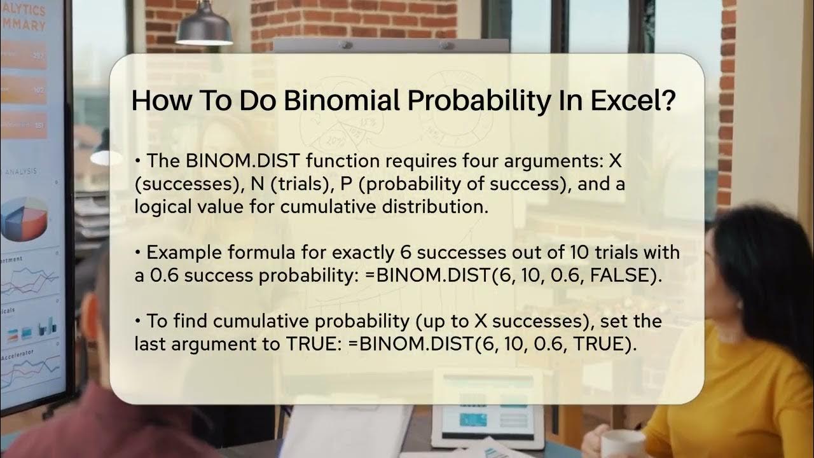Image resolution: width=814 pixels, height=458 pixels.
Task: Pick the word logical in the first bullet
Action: point(165,207)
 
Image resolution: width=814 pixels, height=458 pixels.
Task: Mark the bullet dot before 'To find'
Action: point(138,321)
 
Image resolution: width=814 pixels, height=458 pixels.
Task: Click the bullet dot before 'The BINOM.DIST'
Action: point(138,162)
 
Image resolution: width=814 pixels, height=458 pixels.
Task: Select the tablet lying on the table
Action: point(486,407)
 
